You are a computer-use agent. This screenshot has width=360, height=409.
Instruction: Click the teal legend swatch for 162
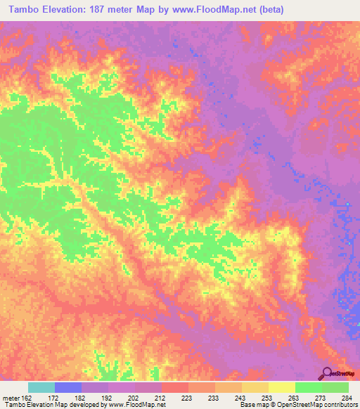41,387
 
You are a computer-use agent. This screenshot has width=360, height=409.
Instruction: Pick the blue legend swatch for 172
67,387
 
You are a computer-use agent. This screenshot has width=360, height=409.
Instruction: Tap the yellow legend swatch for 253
255,387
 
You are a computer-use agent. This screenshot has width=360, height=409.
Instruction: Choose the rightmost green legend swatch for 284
335,387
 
